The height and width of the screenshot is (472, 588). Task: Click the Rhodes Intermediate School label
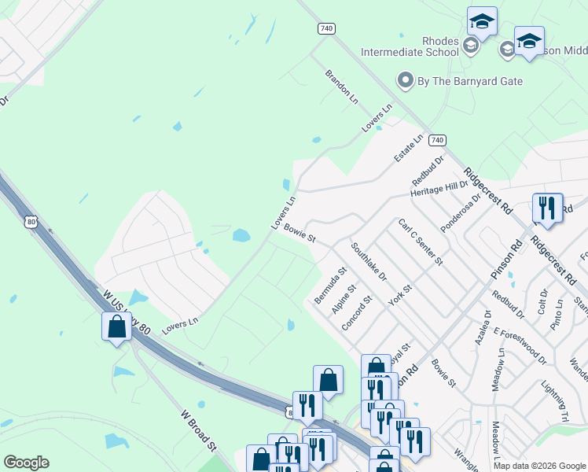pyautogui.click(x=409, y=46)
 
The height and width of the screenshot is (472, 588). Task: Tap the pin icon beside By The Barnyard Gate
pyautogui.click(x=406, y=80)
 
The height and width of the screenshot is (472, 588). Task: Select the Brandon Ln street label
pyautogui.click(x=342, y=87)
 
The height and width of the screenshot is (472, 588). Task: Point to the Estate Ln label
pyautogui.click(x=409, y=148)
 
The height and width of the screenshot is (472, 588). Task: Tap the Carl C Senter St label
pyautogui.click(x=421, y=242)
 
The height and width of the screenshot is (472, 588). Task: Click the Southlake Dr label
pyautogui.click(x=369, y=262)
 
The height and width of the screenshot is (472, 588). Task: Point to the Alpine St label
pyautogui.click(x=344, y=300)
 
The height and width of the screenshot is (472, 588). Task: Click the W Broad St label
pyautogui.click(x=198, y=430)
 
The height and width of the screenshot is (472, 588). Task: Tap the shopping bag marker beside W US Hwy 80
pyautogui.click(x=116, y=326)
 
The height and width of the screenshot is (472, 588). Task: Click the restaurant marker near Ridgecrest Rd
pyautogui.click(x=547, y=208)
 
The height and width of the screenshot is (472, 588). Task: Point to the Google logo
pyautogui.click(x=26, y=463)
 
